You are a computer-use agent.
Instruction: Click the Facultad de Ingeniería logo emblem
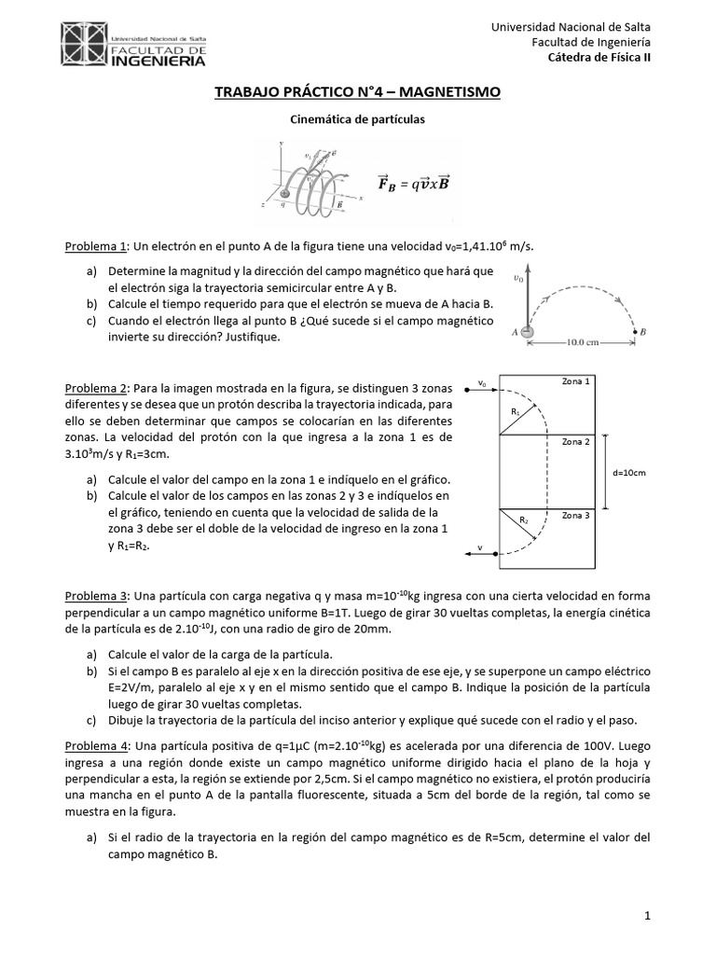click(83, 44)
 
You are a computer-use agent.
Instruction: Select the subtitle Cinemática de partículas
click(358, 119)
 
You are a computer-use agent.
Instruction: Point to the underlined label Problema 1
click(93, 245)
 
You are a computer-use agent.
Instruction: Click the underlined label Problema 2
click(93, 387)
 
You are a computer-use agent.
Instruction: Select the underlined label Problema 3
click(93, 595)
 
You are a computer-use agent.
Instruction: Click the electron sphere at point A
click(527, 331)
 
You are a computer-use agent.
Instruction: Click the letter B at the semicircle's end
click(644, 331)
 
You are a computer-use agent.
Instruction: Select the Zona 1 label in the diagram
click(575, 381)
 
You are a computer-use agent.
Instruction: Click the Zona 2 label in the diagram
click(575, 441)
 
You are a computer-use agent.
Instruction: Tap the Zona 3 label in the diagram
click(575, 515)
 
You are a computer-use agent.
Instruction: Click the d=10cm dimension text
click(630, 473)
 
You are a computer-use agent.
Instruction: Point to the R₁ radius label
click(515, 410)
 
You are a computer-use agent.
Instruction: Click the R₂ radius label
click(524, 519)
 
